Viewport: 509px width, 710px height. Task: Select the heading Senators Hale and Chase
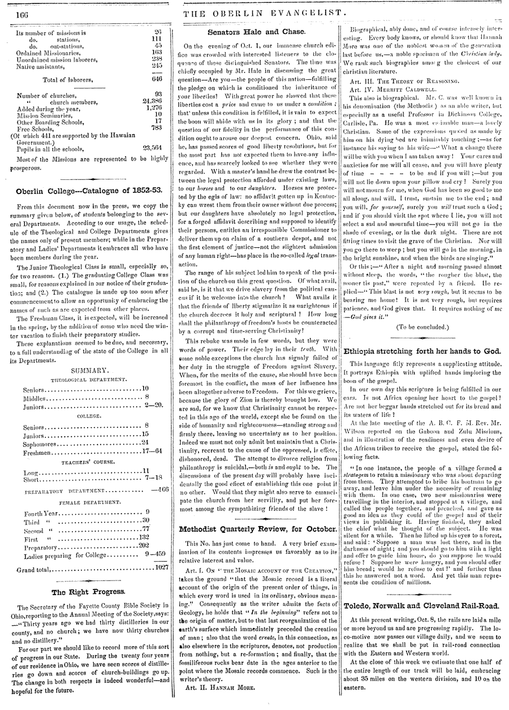(256, 32)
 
